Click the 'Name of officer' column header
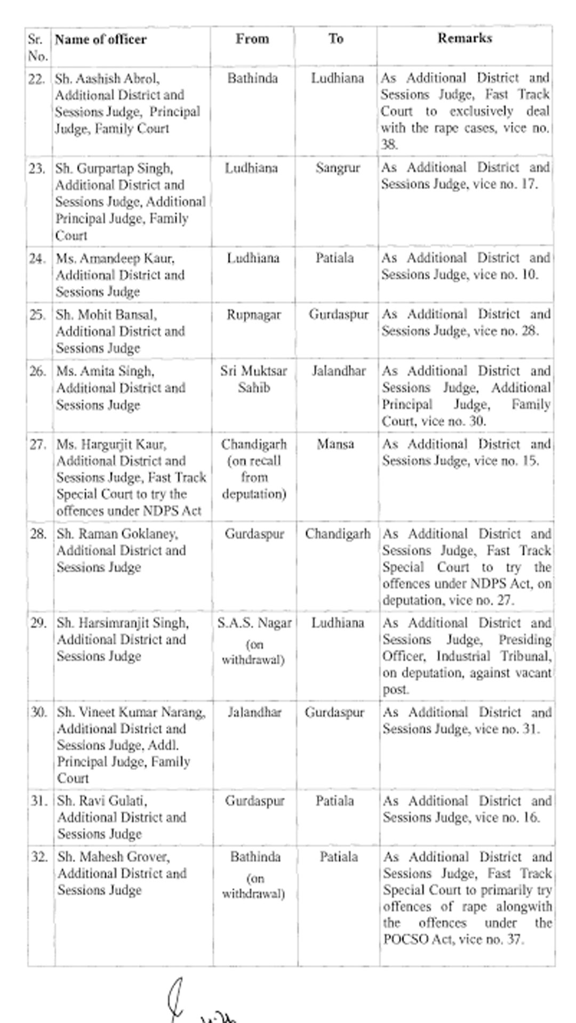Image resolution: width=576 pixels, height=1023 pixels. tap(100, 39)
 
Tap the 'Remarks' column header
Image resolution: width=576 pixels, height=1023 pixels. tap(465, 38)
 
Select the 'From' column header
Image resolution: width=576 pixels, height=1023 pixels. tap(252, 39)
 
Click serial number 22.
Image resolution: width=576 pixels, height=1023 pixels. tap(36, 79)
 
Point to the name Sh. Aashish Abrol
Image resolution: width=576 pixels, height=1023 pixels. tap(107, 79)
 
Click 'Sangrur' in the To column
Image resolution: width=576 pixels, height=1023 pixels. tap(338, 168)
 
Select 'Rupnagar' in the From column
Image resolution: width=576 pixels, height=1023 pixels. tap(253, 315)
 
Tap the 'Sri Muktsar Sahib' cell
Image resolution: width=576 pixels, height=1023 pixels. tap(254, 379)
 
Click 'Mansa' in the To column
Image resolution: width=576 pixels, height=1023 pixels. tap(335, 444)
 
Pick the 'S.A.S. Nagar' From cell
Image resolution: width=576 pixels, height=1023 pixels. tap(254, 623)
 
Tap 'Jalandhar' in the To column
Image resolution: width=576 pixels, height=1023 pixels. tap(339, 371)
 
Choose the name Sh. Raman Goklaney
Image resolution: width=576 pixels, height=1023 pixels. tap(117, 534)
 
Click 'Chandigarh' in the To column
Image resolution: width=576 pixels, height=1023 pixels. tap(338, 534)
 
